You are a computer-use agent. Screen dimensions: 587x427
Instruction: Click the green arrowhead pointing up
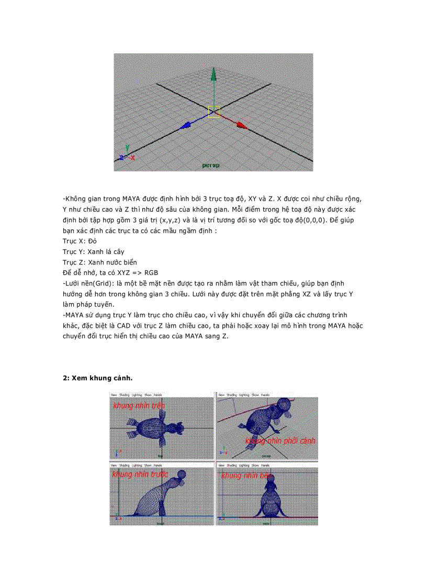[x=213, y=75]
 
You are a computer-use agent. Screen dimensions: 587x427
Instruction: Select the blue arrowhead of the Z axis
[x=186, y=125]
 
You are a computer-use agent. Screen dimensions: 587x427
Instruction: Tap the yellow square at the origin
[x=213, y=112]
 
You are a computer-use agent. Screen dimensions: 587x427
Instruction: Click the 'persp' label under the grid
[x=211, y=165]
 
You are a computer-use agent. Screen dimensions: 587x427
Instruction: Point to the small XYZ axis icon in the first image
[x=126, y=154]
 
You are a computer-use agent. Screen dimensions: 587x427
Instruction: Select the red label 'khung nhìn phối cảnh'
[x=280, y=441]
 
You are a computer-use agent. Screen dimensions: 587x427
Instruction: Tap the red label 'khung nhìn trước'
[x=139, y=475]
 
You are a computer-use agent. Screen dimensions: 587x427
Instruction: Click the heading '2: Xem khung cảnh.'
[x=100, y=378]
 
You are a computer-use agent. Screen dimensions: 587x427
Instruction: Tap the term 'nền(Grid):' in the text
[x=93, y=283]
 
